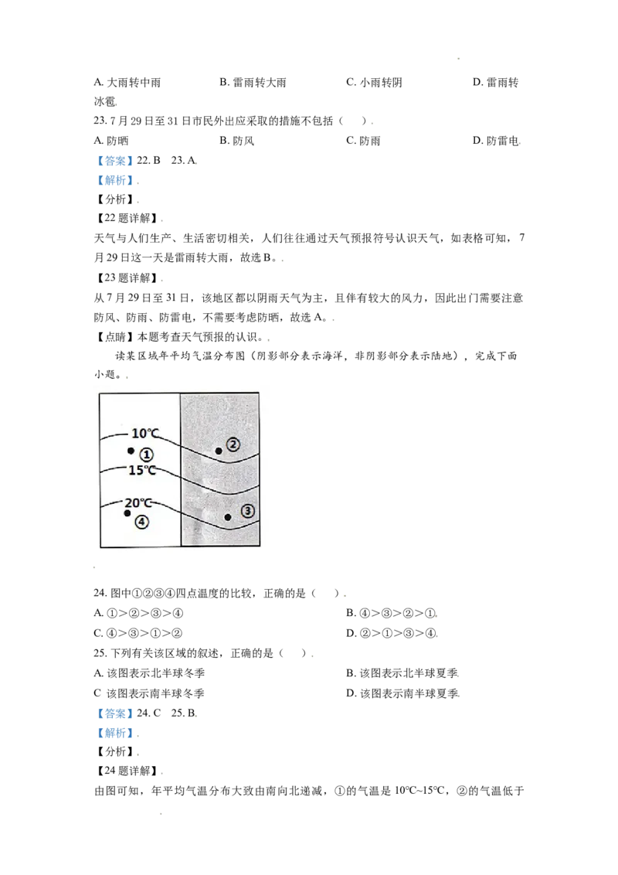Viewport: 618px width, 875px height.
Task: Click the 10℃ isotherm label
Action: (x=145, y=433)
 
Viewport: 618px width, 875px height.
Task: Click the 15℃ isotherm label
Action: (x=142, y=471)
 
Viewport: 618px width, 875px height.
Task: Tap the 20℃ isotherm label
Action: (x=138, y=502)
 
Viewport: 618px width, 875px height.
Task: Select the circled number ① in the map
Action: (x=146, y=455)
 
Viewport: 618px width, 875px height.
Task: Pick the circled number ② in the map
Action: (x=233, y=444)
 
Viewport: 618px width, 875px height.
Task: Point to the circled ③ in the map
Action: (x=248, y=511)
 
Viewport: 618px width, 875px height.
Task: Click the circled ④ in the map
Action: (x=141, y=522)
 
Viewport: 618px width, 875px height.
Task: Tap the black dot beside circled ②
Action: (x=219, y=451)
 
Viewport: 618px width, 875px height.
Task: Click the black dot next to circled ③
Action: (x=228, y=517)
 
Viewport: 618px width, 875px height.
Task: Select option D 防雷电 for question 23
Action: (x=497, y=141)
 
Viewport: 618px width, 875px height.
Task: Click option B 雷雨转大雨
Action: (x=253, y=83)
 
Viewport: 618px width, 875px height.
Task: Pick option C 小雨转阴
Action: (x=374, y=83)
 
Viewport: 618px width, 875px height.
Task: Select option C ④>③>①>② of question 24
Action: (x=138, y=633)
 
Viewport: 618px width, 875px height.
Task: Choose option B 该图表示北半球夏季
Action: (x=402, y=673)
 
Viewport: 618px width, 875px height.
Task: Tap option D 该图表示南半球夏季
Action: (x=402, y=693)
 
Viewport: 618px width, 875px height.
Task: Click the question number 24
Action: (x=100, y=593)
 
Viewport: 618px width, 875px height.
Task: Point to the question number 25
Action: (x=100, y=653)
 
